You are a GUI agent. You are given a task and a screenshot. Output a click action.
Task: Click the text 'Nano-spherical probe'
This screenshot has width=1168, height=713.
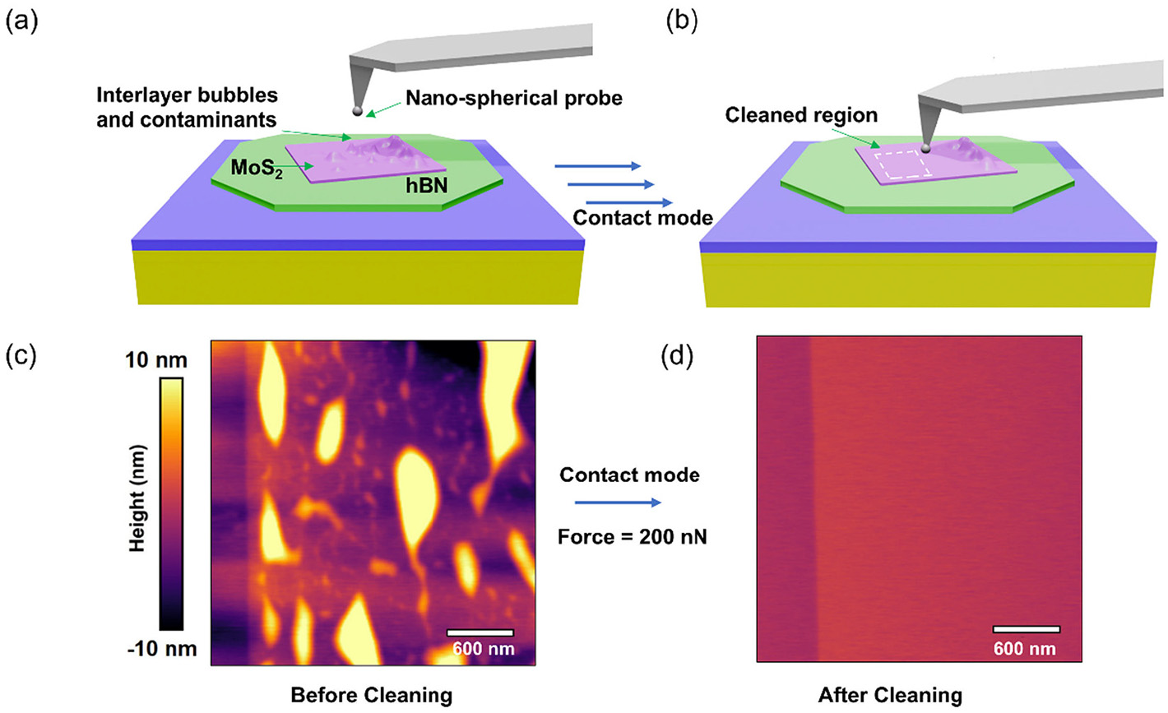514,99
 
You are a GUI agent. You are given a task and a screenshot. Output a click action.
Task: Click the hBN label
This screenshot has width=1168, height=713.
426,186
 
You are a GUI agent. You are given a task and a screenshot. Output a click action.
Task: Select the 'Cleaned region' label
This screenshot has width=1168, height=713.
801,116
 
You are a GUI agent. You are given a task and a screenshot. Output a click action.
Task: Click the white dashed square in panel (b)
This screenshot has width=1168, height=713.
901,166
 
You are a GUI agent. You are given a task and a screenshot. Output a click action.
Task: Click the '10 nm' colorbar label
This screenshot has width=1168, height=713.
157,361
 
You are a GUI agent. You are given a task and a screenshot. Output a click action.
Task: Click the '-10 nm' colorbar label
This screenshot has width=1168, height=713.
162,649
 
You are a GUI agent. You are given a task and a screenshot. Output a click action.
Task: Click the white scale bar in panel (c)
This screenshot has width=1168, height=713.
480,632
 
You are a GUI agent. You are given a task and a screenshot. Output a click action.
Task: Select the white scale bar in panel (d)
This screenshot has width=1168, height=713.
1026,629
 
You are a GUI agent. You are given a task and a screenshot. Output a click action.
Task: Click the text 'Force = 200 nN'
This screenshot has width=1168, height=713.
631,538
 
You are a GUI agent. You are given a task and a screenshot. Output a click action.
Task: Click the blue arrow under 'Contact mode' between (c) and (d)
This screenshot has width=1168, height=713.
617,502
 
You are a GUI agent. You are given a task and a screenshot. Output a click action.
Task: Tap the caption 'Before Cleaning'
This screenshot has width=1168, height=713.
371,695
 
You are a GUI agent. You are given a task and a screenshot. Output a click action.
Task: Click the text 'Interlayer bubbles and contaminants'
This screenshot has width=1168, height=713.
187,107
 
